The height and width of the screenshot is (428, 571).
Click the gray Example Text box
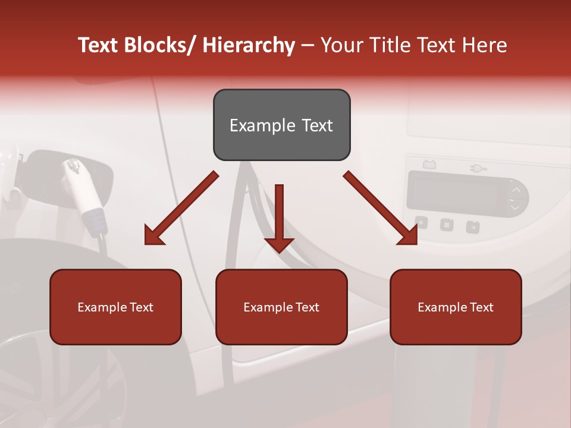coord(281,125)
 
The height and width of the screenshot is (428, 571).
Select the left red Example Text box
coord(115,307)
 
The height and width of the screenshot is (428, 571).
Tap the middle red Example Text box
coord(281,307)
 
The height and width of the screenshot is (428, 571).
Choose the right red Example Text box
coord(456,307)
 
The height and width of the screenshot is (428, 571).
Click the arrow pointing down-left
coord(181,208)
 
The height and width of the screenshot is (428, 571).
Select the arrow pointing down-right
coord(381,208)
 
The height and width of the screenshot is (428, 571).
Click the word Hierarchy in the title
coord(249,46)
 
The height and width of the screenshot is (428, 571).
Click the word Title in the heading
coord(388,46)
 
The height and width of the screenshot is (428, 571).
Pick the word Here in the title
coord(485,46)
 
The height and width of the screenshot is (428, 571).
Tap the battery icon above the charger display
coord(428,164)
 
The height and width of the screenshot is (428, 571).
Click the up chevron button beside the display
coord(516,190)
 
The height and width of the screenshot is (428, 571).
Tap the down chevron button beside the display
coord(516,207)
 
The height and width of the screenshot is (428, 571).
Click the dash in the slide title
coord(308,46)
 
